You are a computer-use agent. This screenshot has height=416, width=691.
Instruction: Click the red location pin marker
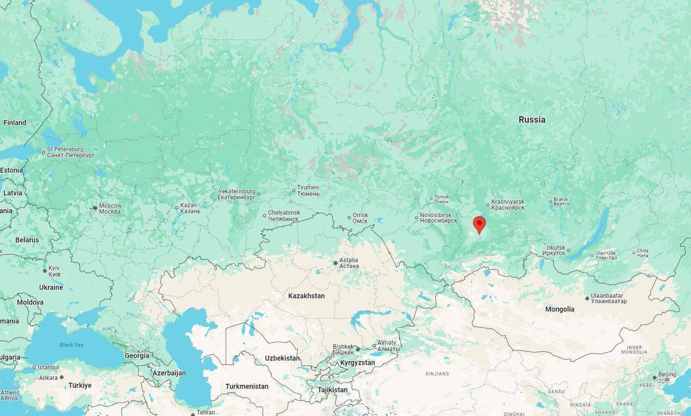[479, 224]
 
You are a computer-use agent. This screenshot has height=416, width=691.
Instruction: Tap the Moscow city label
[109, 208]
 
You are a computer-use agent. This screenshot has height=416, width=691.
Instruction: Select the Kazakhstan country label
[306, 296]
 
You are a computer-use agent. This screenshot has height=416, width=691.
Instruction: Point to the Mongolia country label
[560, 309]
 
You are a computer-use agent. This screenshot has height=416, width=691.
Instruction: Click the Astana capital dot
[336, 263]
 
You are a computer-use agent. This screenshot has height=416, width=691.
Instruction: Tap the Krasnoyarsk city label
[508, 205]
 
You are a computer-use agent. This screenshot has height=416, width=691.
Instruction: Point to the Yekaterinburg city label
[236, 194]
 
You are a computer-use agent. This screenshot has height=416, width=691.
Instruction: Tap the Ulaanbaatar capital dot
[587, 298]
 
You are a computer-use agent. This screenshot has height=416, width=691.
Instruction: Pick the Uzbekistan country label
[282, 358]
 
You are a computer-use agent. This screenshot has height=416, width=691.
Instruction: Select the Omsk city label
[360, 217]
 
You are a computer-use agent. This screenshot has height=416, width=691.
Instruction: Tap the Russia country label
[531, 120]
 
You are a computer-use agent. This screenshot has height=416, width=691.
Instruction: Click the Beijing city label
[667, 376]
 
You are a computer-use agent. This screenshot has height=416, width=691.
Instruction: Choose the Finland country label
[14, 123]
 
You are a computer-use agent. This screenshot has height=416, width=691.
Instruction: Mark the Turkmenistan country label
[246, 386]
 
